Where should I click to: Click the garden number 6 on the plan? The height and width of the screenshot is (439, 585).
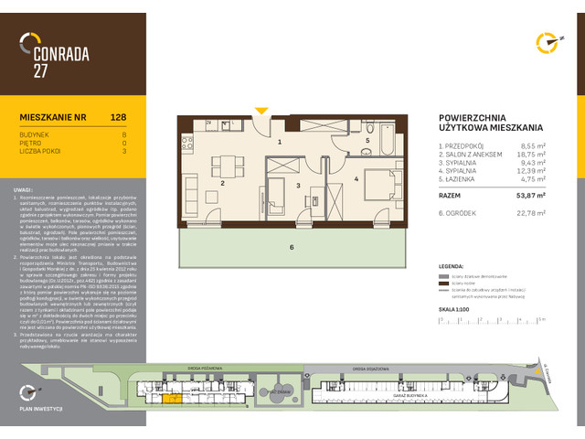click(292, 248)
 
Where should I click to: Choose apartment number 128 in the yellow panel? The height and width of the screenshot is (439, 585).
click(118, 117)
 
